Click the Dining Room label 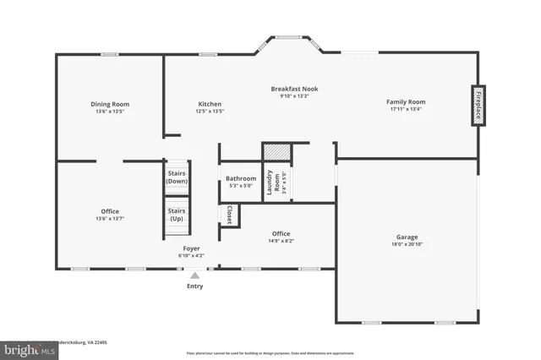point(110,105)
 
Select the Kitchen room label point(210,105)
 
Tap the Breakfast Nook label point(294,89)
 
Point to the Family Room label point(406,101)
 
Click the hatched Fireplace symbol point(478,106)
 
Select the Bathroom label point(241,178)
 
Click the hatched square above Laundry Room point(276,151)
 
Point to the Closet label point(229,215)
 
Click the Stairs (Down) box point(177,177)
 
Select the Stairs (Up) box point(177,215)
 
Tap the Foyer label point(192,248)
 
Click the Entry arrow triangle point(195,275)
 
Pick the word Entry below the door point(195,286)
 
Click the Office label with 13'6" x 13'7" point(110,211)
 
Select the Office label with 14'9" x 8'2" point(281,234)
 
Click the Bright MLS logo point(26,348)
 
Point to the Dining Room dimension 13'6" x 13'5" point(110,112)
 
